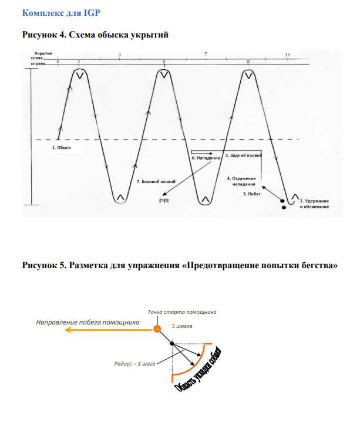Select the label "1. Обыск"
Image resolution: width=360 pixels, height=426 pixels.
click(61, 148)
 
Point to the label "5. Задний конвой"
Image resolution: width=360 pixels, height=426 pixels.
click(243, 156)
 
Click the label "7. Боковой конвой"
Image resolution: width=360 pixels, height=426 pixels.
click(155, 181)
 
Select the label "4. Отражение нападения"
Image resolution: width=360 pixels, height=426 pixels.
click(241, 181)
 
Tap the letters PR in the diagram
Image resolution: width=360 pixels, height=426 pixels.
click(164, 201)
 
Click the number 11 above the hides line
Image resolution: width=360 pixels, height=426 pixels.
click(287, 55)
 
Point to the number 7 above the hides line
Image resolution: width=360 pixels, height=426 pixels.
click(205, 54)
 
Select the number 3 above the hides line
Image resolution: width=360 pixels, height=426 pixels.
click(119, 55)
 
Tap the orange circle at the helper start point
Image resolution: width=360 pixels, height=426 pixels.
click(157, 329)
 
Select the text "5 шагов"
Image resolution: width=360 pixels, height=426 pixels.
click(182, 325)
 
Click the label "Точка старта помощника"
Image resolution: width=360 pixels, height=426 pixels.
click(182, 312)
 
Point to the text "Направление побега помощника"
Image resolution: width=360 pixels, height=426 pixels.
click(88, 322)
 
